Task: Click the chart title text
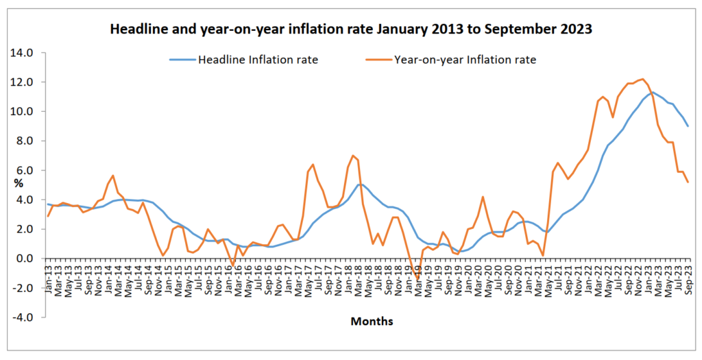350,30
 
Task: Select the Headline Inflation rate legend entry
258,60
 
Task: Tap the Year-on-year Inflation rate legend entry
465,60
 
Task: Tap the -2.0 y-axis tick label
25,288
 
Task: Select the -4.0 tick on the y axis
25,317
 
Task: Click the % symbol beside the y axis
19,183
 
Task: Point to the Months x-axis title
372,321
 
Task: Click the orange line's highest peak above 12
642,79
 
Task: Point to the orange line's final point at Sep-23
688,182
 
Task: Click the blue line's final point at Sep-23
688,126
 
